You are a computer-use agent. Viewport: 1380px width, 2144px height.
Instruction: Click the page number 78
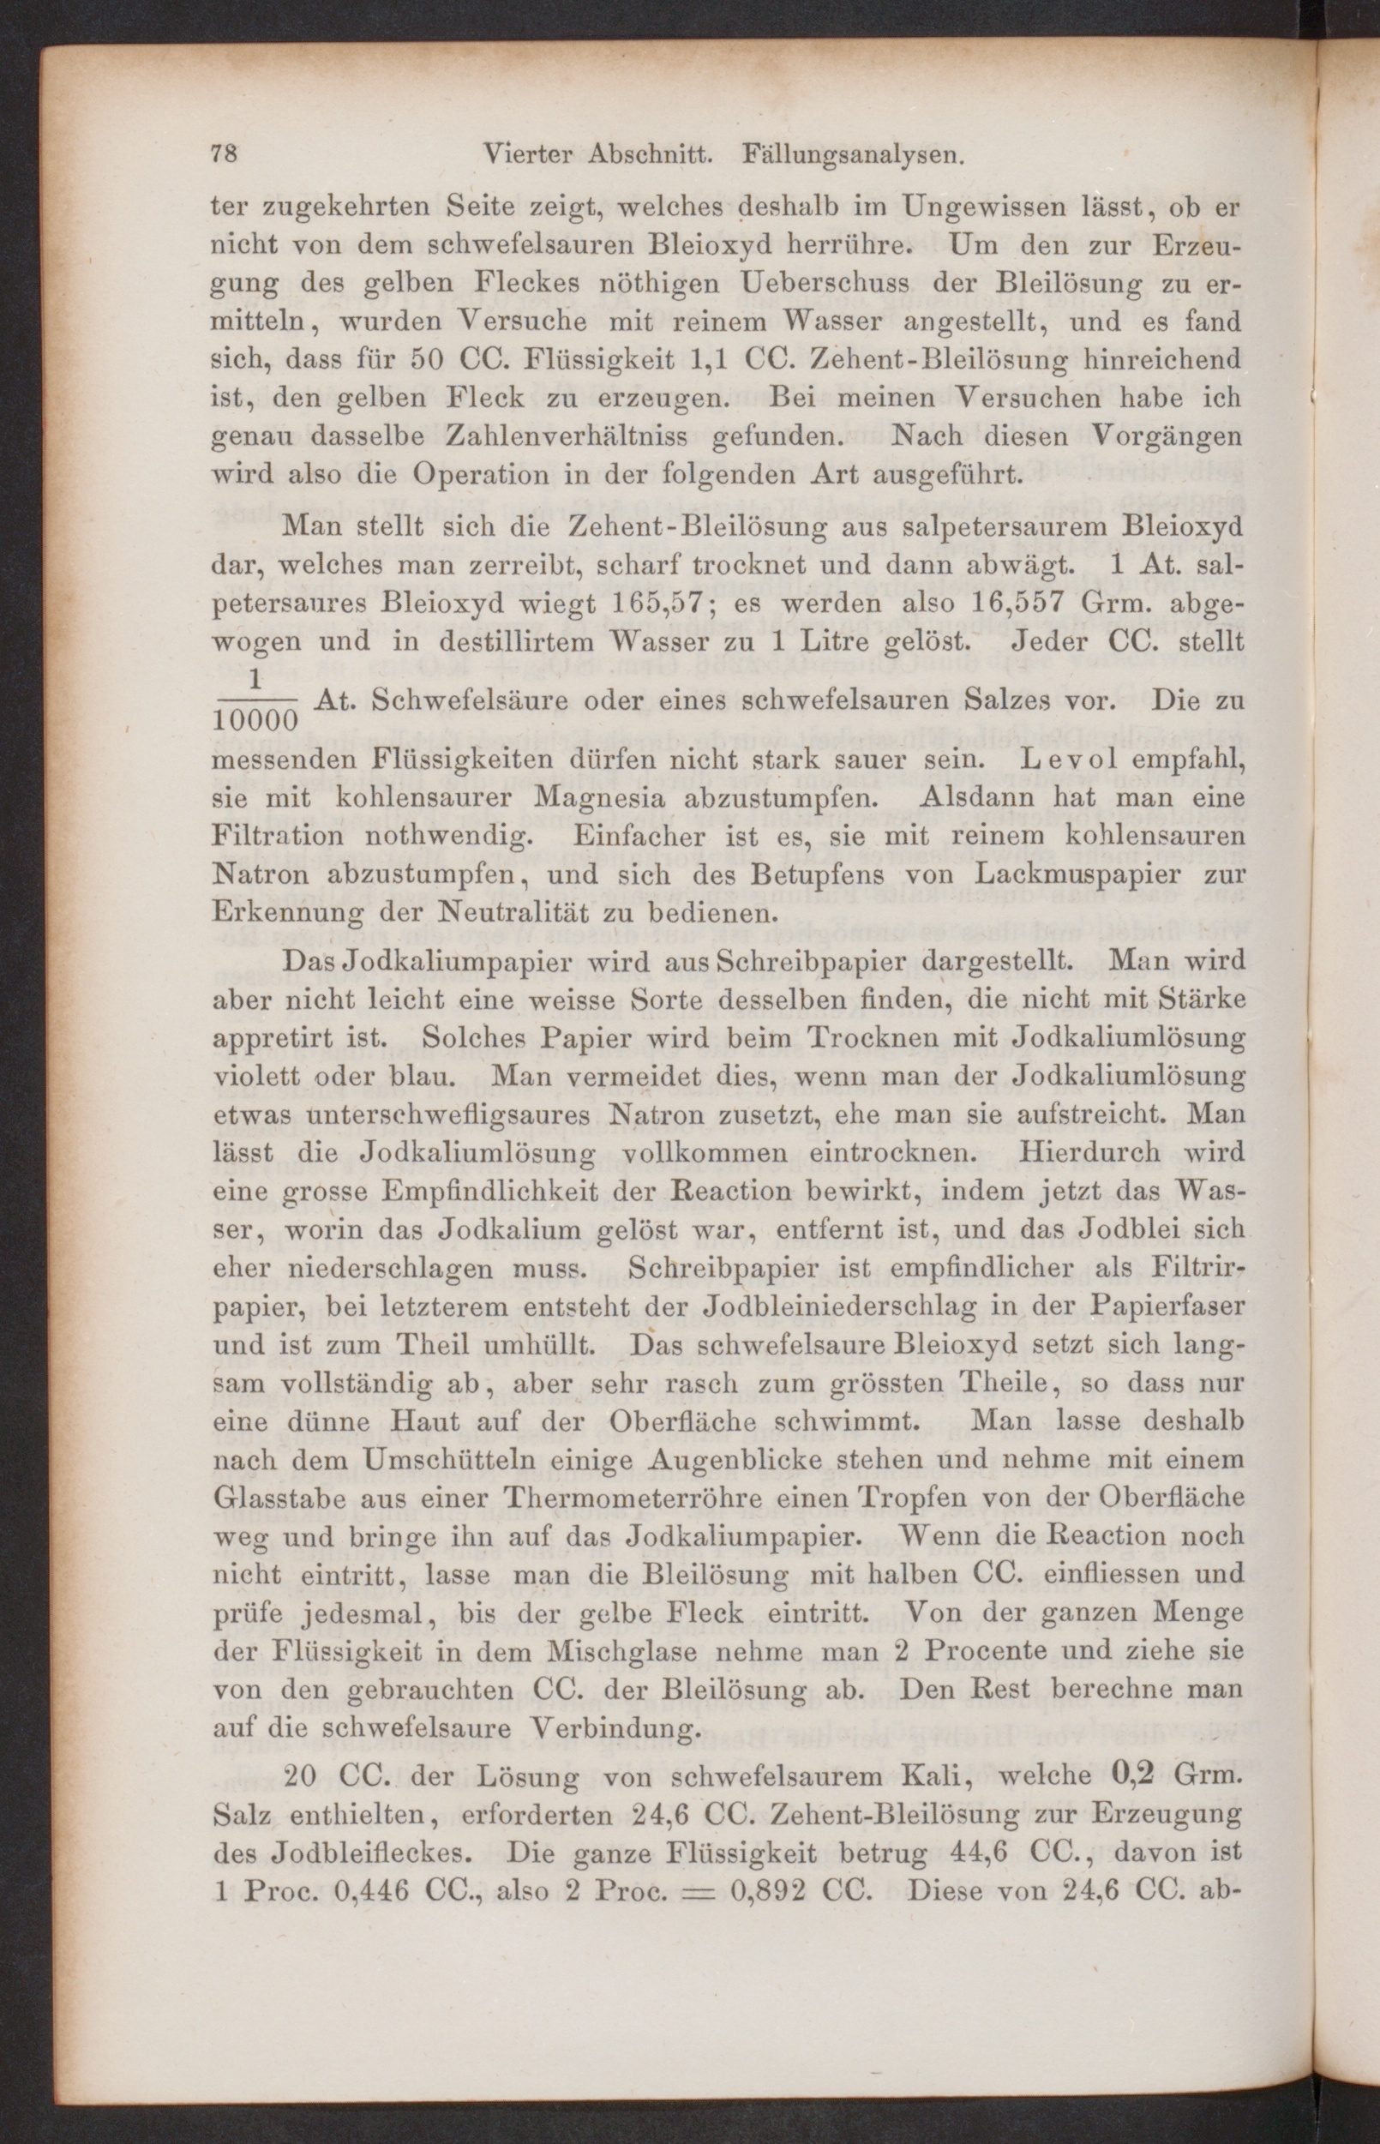(223, 153)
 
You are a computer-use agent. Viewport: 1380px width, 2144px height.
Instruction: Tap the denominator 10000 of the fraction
(255, 718)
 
